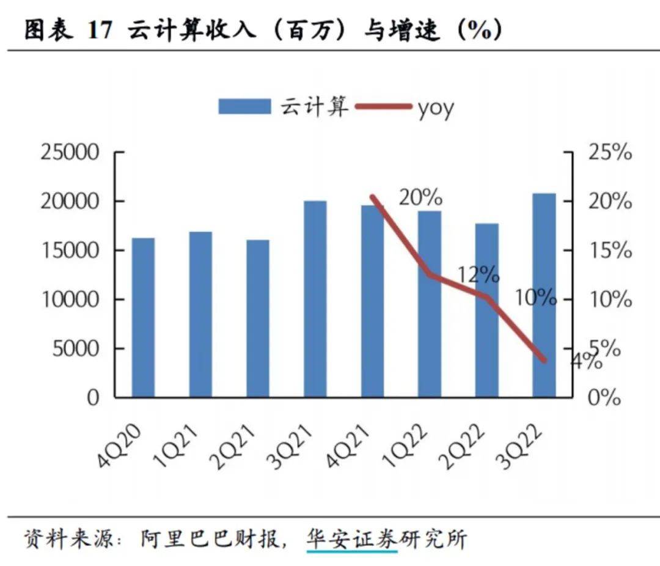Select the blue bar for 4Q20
(143, 317)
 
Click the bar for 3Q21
(315, 299)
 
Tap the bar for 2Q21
(257, 318)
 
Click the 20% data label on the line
(420, 197)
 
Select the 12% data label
(478, 275)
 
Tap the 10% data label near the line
(535, 298)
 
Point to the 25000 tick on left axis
(70, 153)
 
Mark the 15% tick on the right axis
(609, 251)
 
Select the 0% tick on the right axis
(604, 399)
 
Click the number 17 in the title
(100, 31)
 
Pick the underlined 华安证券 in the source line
(351, 538)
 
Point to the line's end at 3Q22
(544, 360)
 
